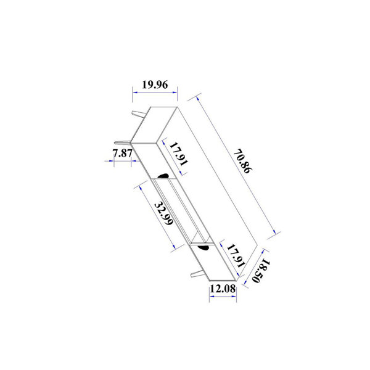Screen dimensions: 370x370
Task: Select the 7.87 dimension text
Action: coord(123,154)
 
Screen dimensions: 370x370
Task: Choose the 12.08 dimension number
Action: coord(222,287)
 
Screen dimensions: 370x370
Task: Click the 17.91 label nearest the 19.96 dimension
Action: coord(179,154)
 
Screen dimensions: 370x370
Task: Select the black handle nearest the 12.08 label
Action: coord(202,247)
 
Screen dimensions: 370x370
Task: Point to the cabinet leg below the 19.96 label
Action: coord(137,115)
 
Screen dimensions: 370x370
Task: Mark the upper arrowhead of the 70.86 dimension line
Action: coord(198,97)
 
